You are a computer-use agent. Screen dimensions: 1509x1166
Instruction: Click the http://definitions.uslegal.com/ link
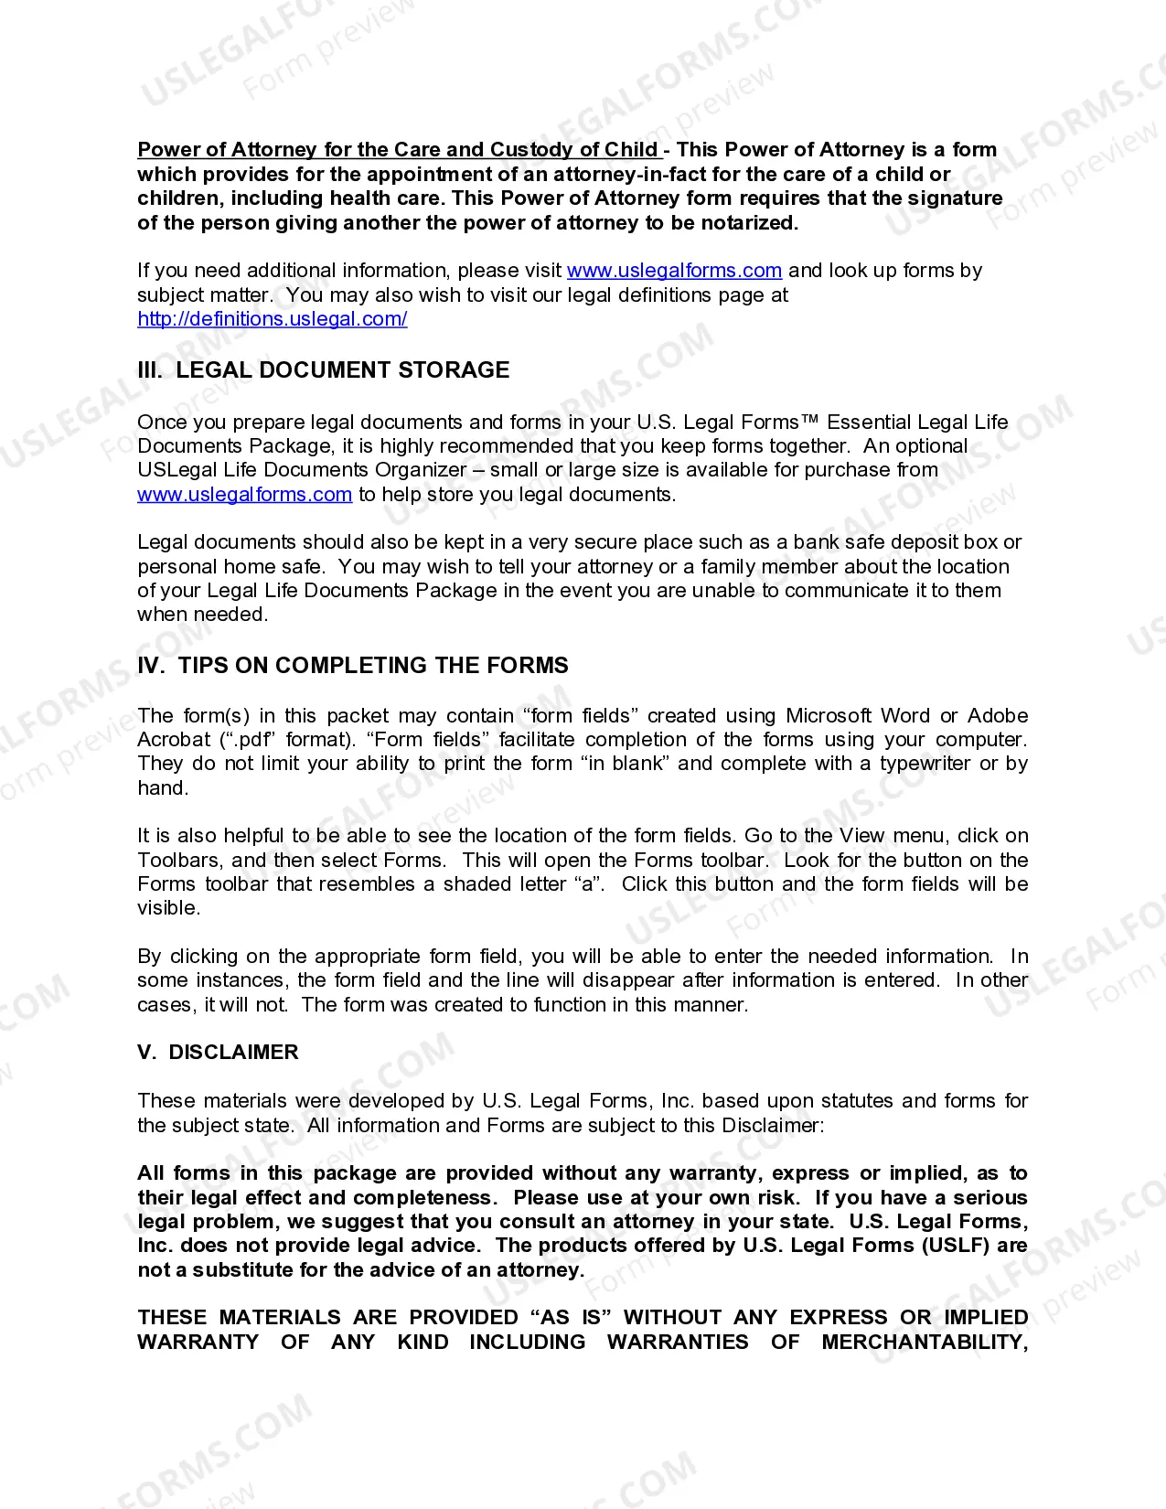[x=272, y=319]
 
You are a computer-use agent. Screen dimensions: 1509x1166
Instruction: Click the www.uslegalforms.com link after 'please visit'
[x=674, y=271]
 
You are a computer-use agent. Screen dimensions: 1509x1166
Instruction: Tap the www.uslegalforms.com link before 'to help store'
[x=244, y=495]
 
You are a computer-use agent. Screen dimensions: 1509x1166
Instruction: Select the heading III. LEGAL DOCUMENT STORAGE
[x=323, y=370]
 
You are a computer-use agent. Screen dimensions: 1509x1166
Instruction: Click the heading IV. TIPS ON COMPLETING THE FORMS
[x=352, y=666]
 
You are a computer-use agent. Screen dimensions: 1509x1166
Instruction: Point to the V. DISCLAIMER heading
[x=218, y=1053]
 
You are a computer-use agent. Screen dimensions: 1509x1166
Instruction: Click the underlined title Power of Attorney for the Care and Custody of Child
[x=398, y=150]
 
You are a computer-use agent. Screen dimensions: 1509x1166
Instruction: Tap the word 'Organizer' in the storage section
[x=423, y=470]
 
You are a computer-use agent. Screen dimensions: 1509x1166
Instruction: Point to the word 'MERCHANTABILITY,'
[x=924, y=1343]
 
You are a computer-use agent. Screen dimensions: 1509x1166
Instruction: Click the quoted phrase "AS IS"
[x=571, y=1318]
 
